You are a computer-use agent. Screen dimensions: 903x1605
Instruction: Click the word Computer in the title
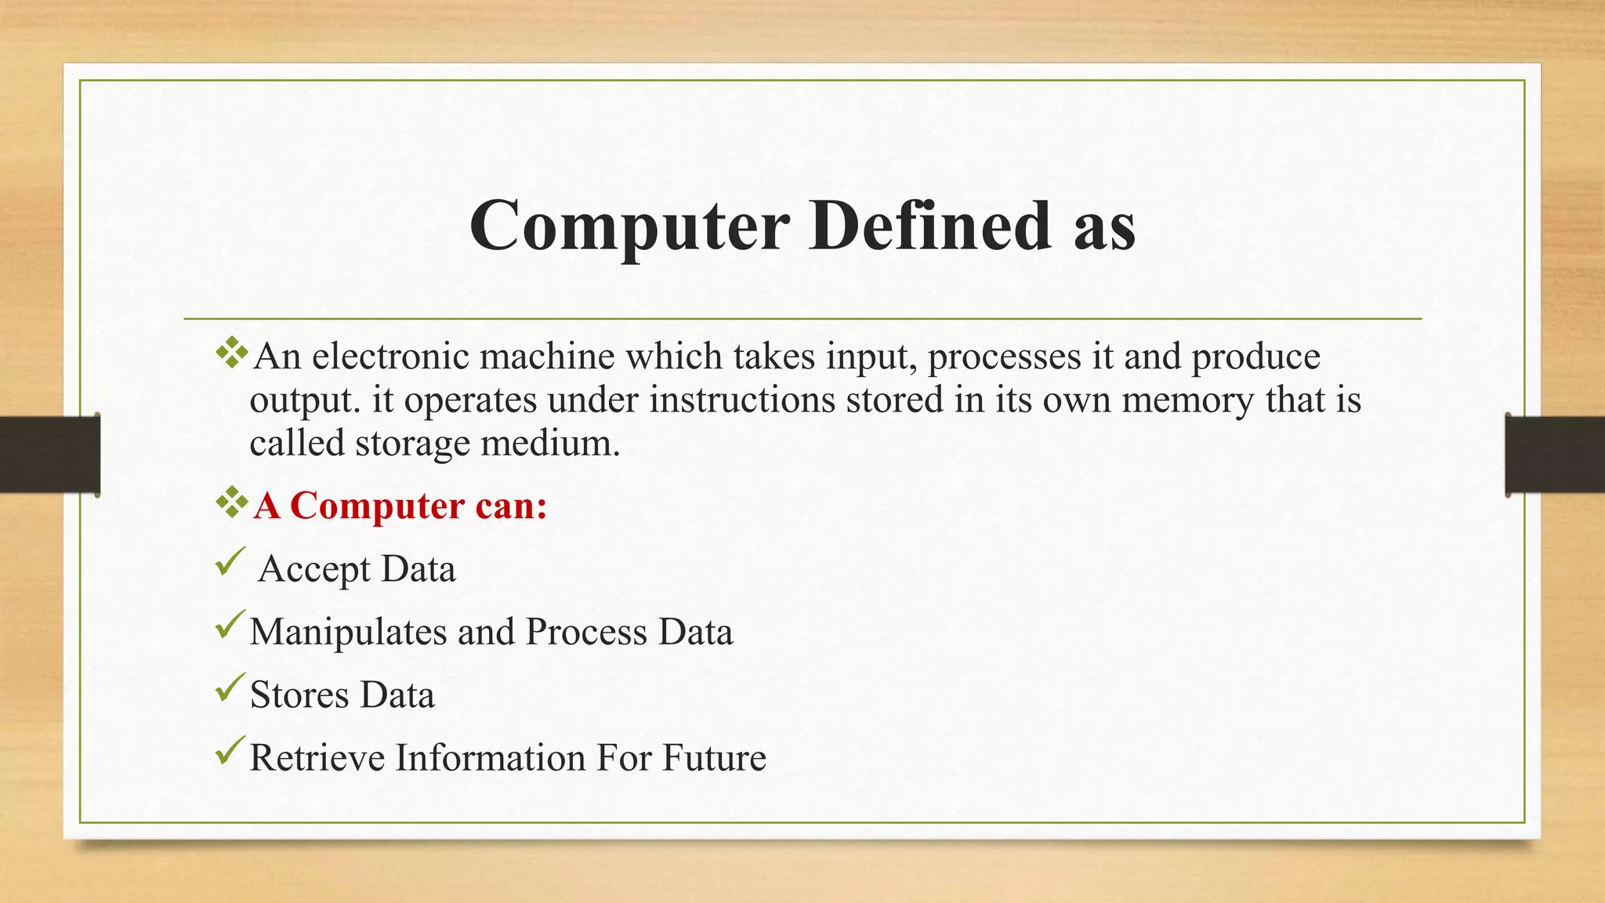tap(629, 226)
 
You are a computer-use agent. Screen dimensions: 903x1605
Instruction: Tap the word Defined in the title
tap(929, 226)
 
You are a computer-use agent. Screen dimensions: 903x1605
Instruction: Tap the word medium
tap(550, 444)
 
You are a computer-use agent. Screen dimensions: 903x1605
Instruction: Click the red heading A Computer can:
tap(400, 506)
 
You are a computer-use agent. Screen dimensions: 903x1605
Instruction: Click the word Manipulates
tap(347, 633)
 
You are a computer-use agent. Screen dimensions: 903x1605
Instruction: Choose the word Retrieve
tap(317, 758)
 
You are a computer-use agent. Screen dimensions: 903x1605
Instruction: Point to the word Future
tap(714, 758)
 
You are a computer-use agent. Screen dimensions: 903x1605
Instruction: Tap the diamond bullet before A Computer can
tap(232, 502)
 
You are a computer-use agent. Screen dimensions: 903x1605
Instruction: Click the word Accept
tap(313, 570)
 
